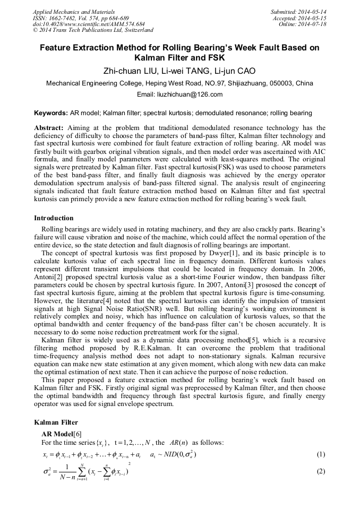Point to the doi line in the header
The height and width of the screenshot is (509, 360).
(89, 24)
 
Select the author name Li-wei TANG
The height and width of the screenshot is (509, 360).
(188, 71)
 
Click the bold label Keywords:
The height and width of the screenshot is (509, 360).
(51, 113)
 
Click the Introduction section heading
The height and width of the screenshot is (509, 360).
(54, 218)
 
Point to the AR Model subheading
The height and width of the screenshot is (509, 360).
(59, 434)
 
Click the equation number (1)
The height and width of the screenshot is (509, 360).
(321, 455)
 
